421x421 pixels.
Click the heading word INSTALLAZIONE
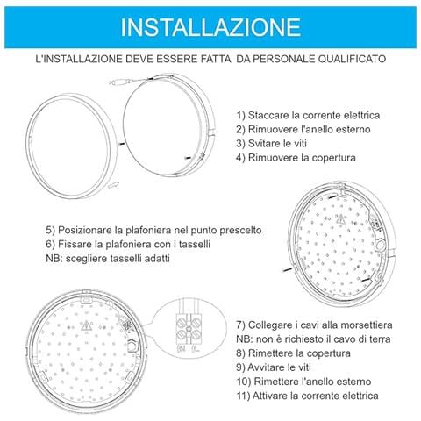(x=210, y=25)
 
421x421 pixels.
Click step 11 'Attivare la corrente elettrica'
(x=318, y=396)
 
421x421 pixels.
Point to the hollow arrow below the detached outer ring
(x=112, y=184)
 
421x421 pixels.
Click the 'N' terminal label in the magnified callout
(x=182, y=349)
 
